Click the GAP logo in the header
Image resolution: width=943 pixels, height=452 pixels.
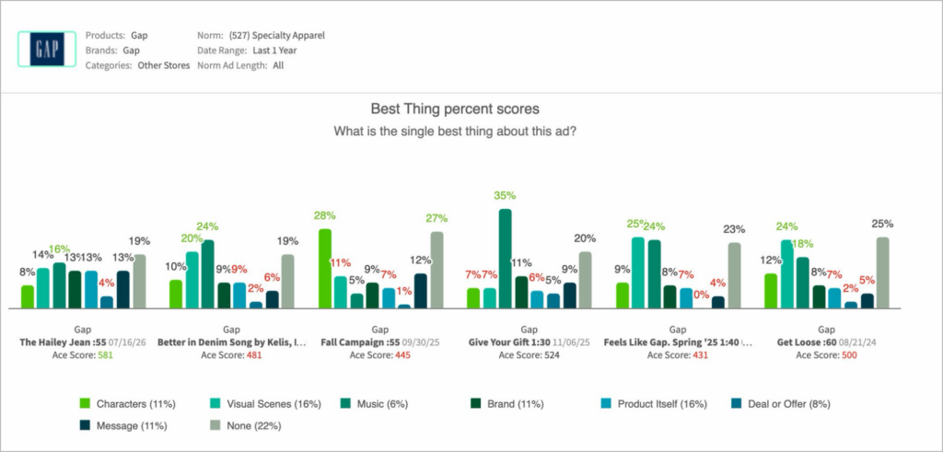[47, 49]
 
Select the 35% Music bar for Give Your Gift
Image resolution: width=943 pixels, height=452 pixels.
[506, 259]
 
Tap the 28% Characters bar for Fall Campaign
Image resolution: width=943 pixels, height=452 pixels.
[325, 269]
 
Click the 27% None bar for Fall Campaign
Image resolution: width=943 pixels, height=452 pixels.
[437, 270]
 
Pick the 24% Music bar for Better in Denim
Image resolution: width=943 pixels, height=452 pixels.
[207, 274]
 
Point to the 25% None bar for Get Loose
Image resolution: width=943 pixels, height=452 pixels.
[883, 272]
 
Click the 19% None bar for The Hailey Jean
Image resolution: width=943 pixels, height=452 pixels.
[140, 282]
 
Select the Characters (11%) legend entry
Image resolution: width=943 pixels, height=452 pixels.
[127, 404]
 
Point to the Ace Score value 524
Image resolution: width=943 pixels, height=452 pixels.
[552, 355]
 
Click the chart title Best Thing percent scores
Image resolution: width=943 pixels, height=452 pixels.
[455, 110]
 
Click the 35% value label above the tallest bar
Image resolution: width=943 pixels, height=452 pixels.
[506, 195]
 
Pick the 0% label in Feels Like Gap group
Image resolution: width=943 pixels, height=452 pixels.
[701, 295]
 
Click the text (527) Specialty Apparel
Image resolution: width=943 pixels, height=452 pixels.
[277, 36]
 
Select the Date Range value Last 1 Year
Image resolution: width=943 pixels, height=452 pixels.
[274, 51]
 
